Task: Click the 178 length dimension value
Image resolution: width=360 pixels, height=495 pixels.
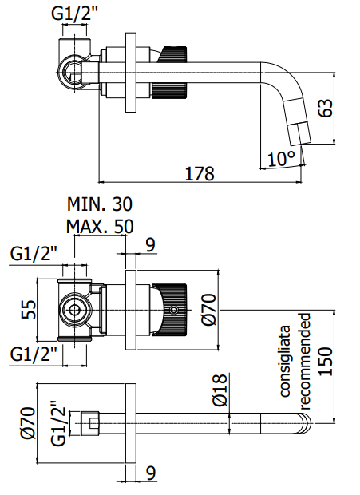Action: tap(199, 173)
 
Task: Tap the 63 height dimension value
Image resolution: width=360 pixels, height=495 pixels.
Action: tap(325, 109)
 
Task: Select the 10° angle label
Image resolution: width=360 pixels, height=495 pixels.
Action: tap(282, 159)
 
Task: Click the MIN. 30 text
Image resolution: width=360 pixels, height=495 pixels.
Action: tap(100, 204)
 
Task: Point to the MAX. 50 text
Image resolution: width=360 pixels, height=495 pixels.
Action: tap(100, 226)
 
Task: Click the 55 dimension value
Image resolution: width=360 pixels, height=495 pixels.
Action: tap(29, 310)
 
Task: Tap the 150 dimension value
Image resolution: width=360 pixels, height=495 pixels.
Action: tap(326, 362)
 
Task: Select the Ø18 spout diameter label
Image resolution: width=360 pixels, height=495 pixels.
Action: tap(220, 390)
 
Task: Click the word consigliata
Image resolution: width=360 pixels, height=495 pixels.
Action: tap(285, 361)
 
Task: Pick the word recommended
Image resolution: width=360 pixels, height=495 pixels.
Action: tap(305, 361)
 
